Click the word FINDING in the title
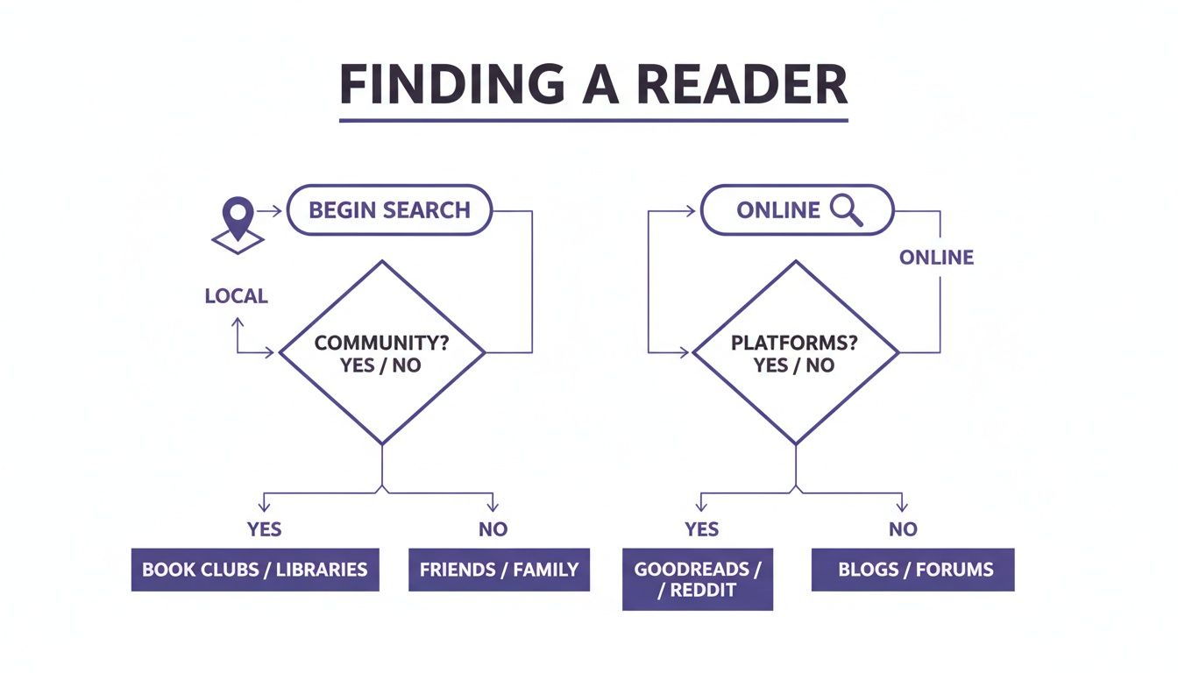click(451, 85)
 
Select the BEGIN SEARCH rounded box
click(390, 210)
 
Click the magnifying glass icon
click(846, 210)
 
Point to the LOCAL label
click(236, 296)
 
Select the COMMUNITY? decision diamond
click(381, 352)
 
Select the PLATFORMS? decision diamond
click(795, 352)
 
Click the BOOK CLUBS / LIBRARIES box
click(255, 570)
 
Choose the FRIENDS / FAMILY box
click(499, 570)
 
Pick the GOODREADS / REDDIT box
click(698, 579)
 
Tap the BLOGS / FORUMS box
click(913, 570)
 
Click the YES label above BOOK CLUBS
click(264, 529)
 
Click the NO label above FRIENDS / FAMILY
click(493, 529)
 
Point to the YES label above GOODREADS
click(701, 529)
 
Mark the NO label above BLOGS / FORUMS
click(903, 529)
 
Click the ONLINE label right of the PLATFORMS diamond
click(936, 258)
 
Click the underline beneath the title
click(593, 120)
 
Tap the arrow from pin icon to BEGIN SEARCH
click(271, 210)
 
